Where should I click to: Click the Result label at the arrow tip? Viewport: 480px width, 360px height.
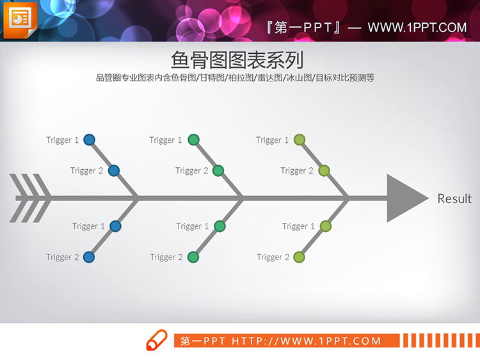(x=454, y=199)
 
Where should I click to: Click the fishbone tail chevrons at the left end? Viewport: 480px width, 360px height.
(x=30, y=199)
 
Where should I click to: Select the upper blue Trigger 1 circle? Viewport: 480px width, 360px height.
(x=90, y=140)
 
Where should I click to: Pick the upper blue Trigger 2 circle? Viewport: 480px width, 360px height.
(x=114, y=170)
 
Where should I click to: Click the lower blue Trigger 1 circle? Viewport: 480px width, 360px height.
(x=115, y=226)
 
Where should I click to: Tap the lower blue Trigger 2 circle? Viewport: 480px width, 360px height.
(x=90, y=257)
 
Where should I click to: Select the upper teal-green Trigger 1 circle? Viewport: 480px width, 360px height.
(x=194, y=140)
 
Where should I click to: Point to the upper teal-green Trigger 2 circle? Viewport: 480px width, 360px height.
(x=218, y=170)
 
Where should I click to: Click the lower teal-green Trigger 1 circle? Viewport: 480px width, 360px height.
(x=220, y=226)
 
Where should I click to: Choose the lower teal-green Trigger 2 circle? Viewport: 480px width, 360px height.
(x=193, y=257)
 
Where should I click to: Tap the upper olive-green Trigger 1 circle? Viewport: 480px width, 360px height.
(x=300, y=140)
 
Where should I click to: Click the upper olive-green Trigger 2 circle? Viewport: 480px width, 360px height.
(x=324, y=170)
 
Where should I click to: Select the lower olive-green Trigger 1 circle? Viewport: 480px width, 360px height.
(x=325, y=226)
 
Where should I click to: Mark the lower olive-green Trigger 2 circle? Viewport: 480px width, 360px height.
(x=299, y=257)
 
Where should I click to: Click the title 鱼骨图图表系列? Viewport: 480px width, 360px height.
(x=237, y=60)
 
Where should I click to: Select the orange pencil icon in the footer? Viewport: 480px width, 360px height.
(x=156, y=340)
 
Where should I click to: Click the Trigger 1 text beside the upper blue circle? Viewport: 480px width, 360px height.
(x=63, y=140)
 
